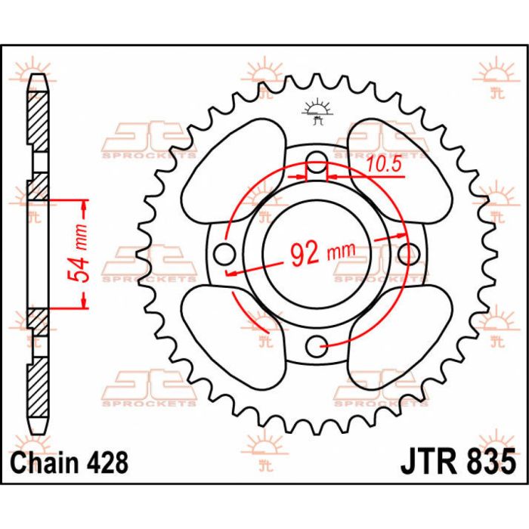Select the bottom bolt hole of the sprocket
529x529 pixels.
tap(318, 346)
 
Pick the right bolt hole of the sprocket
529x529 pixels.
tap(412, 253)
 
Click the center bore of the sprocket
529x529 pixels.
tap(318, 253)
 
